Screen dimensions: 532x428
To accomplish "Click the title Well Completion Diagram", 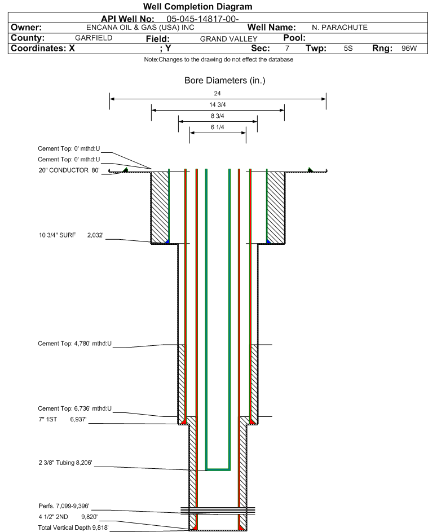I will click(x=197, y=7).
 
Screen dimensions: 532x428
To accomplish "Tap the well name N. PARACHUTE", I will click(x=339, y=28).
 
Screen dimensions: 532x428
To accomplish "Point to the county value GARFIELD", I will click(x=94, y=38).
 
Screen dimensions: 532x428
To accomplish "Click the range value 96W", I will click(x=409, y=49).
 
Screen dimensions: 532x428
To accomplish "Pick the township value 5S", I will click(x=348, y=49).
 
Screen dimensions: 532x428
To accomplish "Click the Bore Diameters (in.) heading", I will click(x=224, y=81).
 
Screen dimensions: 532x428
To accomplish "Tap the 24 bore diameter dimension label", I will click(x=218, y=93).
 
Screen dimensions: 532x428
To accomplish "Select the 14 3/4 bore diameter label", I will click(x=218, y=104).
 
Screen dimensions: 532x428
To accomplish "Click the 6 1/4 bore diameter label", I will click(x=218, y=127).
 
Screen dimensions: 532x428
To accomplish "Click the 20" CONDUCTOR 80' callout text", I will click(x=68, y=170).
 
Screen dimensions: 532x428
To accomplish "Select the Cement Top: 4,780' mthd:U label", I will click(x=74, y=343).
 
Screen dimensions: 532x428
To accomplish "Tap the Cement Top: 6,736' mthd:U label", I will click(x=74, y=408).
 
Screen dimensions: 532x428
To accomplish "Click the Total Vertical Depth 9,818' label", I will click(x=73, y=527).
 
